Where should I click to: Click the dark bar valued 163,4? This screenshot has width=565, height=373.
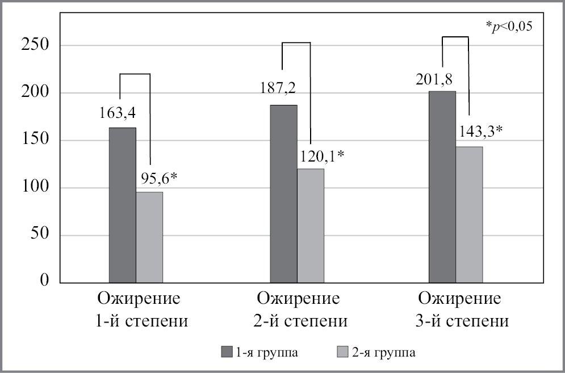point(123,205)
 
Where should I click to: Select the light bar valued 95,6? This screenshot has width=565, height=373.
point(149,237)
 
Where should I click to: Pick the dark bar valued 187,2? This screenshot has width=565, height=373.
point(283,193)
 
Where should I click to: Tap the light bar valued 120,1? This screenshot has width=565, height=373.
point(311,225)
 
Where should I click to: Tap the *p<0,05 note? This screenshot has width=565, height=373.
point(509,26)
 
